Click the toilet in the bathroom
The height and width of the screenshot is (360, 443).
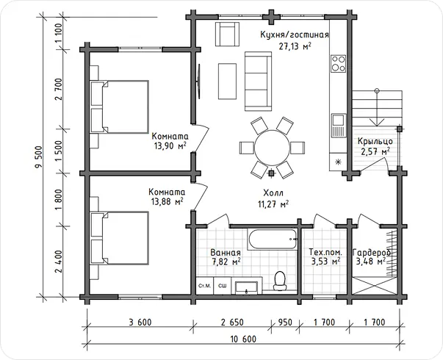pos(280,281)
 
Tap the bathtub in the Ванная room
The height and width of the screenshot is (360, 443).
pos(273,240)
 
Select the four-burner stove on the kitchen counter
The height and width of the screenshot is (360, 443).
pos(338,64)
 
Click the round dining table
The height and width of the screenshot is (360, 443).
pos(272,148)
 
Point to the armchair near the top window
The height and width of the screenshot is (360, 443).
pos(228,34)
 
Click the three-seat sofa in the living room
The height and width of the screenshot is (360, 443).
pos(258,81)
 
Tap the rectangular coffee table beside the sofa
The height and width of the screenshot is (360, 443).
pos(228,81)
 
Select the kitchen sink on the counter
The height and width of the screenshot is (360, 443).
pos(339,125)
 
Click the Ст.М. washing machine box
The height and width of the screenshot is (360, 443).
pos(205,286)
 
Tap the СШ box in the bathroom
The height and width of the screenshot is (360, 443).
pos(223,286)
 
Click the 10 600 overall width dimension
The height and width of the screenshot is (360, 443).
pos(243,339)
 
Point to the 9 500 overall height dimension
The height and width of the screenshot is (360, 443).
pos(38,156)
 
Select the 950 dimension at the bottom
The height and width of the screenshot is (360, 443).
pos(285,322)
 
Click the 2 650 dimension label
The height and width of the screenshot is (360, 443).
pos(232,322)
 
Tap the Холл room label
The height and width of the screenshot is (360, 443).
pos(273,193)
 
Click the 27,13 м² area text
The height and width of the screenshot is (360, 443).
pos(295,46)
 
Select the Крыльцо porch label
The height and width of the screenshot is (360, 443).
pos(375,141)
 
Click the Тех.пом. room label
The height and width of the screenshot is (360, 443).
pos(325,251)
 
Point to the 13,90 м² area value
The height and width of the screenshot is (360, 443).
pos(170,145)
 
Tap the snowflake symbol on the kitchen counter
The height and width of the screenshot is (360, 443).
pos(338,162)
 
